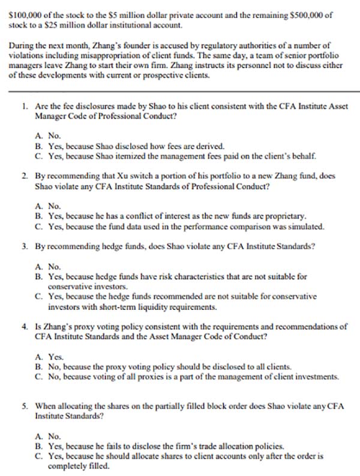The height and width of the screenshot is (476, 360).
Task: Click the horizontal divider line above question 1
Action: (x=180, y=91)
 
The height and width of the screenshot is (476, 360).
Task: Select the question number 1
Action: (x=24, y=104)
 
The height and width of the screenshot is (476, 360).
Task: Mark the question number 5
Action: (x=24, y=406)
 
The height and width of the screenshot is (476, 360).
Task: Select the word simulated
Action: (x=307, y=226)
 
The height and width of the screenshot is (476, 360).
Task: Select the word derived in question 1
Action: (x=209, y=146)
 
